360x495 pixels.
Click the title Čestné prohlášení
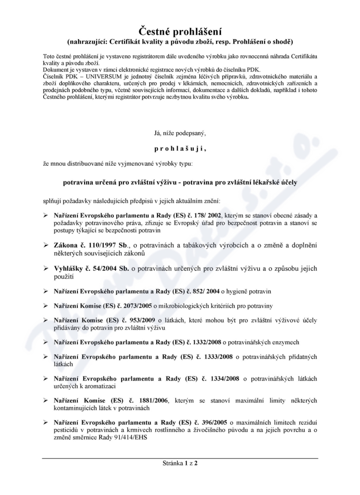(x=180, y=31)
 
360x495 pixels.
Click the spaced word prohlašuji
(x=180, y=147)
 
